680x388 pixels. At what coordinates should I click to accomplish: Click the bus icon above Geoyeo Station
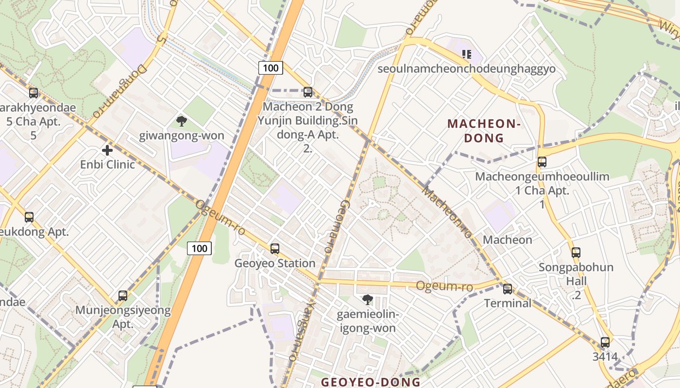[275, 249]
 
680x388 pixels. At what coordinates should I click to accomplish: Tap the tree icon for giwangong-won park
[182, 121]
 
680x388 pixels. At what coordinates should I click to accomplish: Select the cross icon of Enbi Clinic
[107, 150]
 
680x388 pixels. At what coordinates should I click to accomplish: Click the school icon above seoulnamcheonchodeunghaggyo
[467, 54]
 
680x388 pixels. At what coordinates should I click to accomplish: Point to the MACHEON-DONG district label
[484, 131]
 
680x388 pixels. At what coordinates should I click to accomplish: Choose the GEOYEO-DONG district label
[371, 382]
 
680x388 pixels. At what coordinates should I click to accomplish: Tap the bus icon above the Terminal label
[508, 289]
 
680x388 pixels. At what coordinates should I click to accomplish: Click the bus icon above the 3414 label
[605, 342]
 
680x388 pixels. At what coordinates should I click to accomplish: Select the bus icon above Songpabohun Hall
[576, 253]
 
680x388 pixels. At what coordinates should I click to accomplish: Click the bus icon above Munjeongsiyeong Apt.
[123, 296]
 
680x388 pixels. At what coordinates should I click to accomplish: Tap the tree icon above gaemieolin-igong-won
[368, 300]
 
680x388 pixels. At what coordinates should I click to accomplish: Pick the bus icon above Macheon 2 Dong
[307, 92]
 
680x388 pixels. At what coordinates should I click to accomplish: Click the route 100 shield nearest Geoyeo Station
[200, 249]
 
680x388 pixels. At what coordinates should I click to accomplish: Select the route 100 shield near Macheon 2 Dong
[271, 68]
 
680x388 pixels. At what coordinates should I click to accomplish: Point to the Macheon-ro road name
[447, 212]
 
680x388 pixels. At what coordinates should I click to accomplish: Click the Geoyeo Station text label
[275, 263]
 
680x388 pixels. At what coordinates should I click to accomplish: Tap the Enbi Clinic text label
[107, 164]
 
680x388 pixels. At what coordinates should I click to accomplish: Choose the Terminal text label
[508, 303]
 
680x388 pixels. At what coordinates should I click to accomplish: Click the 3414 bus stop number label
[605, 357]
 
